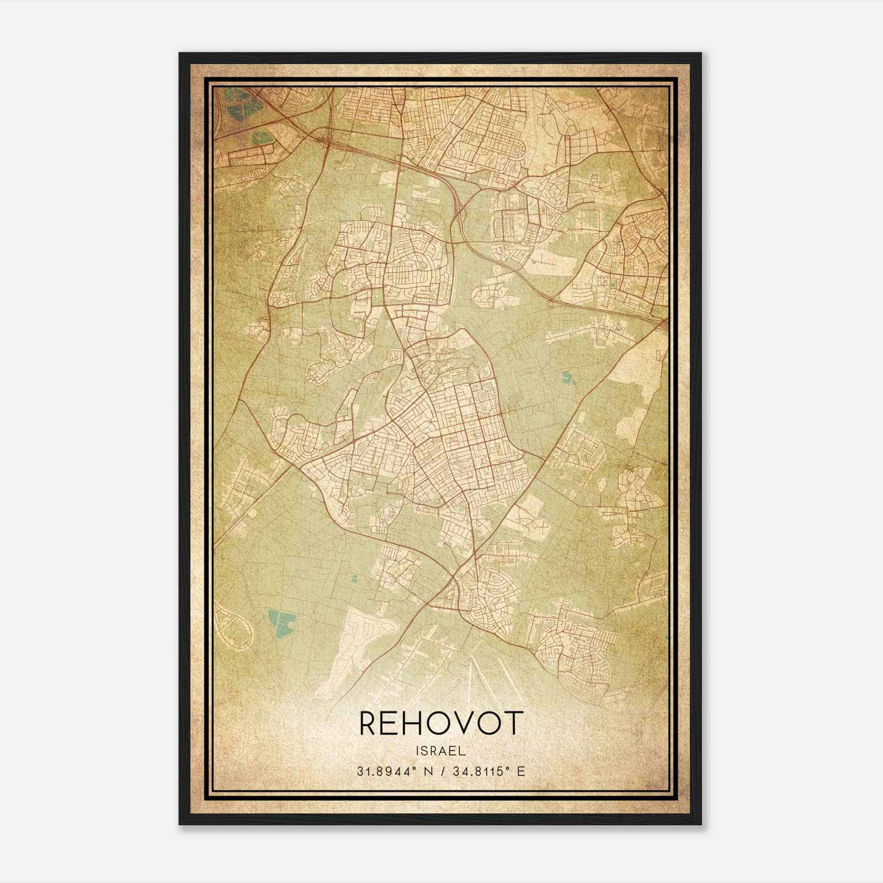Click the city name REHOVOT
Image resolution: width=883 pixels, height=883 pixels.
pos(441,723)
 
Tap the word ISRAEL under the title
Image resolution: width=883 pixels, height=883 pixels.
pos(441,751)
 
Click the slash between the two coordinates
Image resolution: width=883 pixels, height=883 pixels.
pos(441,771)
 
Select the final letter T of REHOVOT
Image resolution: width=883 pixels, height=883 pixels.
pos(513,723)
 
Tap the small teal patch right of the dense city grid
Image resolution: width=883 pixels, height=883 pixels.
pos(567,379)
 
